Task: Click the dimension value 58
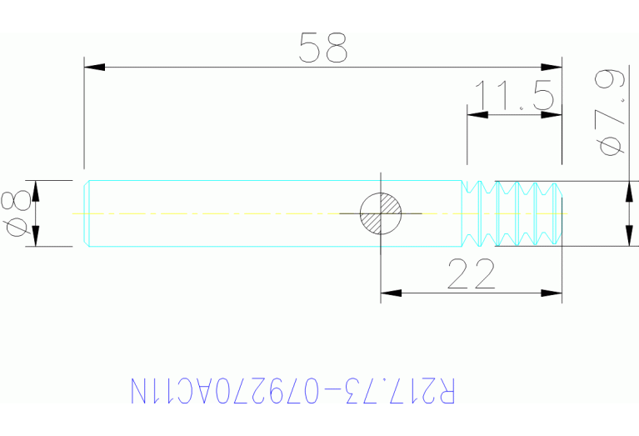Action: coord(323,48)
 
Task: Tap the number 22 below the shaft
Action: coord(471,274)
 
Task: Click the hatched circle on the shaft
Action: coord(381,213)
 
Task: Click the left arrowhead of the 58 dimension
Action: coord(93,67)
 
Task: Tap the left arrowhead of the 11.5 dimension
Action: coord(476,115)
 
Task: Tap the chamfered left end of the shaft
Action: coord(87,213)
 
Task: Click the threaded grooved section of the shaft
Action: coord(512,213)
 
